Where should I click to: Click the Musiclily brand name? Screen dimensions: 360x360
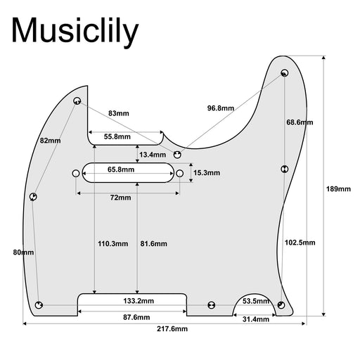(75, 32)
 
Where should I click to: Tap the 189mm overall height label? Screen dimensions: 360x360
(338, 189)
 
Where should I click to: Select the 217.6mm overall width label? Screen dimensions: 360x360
(172, 329)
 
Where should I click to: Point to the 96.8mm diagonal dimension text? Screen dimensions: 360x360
(221, 108)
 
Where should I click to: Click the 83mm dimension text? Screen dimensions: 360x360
(119, 113)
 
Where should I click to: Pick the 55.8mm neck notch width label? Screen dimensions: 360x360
(117, 136)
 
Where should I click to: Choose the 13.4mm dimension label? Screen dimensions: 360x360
(153, 155)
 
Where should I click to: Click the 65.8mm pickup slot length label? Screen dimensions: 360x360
(121, 169)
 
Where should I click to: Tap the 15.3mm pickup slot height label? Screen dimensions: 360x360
(207, 173)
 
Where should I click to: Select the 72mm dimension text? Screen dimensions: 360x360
(120, 198)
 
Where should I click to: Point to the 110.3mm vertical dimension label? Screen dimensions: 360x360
(113, 244)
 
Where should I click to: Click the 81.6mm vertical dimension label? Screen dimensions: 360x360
(154, 244)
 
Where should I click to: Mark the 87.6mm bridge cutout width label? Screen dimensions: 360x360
(136, 317)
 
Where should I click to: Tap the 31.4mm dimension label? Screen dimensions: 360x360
(256, 319)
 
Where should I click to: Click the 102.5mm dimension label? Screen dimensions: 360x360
(300, 243)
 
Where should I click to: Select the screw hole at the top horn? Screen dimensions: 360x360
(285, 73)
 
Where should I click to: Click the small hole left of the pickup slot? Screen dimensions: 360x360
(76, 174)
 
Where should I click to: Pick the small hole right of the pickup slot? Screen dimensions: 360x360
(179, 174)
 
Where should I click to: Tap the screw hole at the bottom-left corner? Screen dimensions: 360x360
(39, 305)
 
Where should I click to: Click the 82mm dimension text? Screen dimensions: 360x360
(50, 141)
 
